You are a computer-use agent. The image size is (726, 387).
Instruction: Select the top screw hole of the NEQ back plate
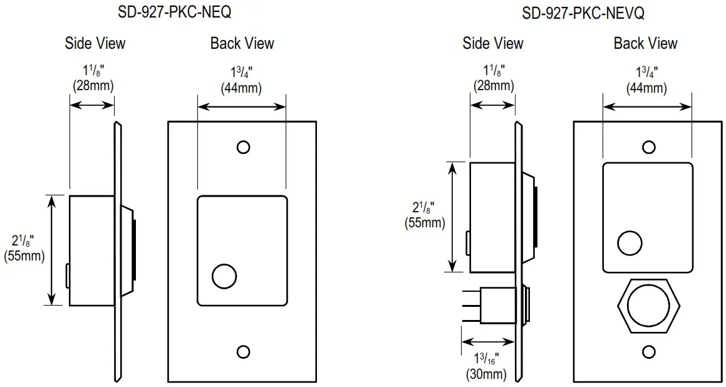click(243, 147)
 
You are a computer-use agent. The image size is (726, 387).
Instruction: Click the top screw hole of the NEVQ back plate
click(649, 147)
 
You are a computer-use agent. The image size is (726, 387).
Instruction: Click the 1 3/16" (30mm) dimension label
click(486, 366)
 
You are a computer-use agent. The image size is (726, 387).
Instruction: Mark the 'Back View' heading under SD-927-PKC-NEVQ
click(645, 43)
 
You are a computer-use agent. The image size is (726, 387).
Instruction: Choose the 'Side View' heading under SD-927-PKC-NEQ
click(95, 43)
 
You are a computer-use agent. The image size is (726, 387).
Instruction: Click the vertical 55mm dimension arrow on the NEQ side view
click(53, 249)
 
